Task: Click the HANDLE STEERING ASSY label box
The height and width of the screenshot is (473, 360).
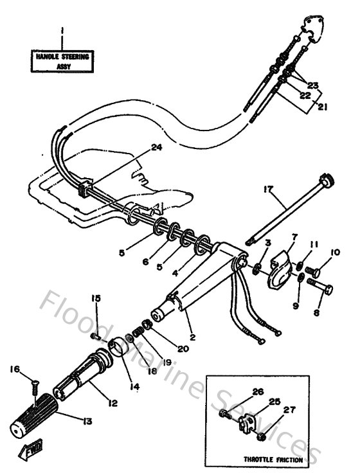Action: [x=62, y=61]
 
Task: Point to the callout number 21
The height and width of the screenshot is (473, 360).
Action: [x=322, y=107]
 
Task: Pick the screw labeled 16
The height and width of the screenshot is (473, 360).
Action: [x=32, y=386]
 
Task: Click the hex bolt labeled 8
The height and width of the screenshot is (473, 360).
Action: [x=321, y=289]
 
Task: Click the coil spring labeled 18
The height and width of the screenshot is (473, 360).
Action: [x=136, y=335]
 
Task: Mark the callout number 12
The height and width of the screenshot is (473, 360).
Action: [x=113, y=403]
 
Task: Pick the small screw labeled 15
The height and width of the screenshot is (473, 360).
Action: [x=94, y=335]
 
